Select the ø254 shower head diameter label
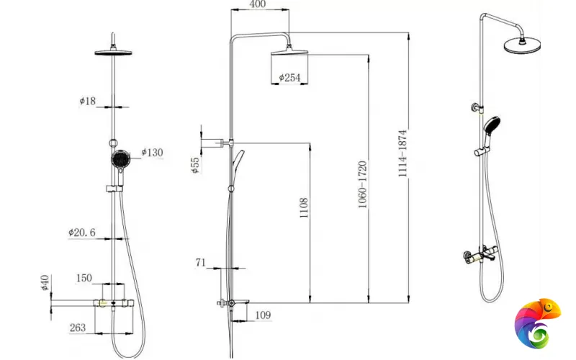click(288, 77)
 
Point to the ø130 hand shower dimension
click(153, 152)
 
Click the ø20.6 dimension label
click(82, 233)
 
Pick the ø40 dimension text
click(44, 283)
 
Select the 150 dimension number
click(84, 278)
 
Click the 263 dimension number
click(78, 328)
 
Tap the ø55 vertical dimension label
click(195, 166)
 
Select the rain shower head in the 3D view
click(522, 45)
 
